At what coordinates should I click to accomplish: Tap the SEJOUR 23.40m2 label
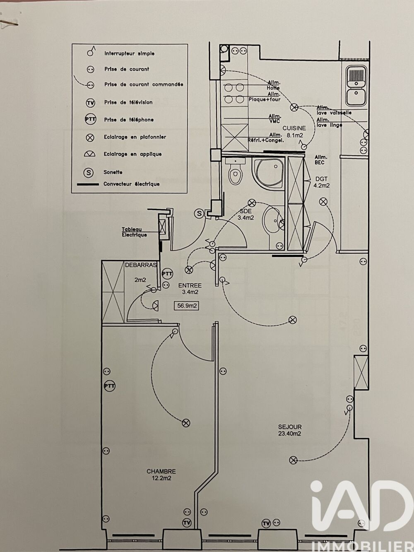(290, 430)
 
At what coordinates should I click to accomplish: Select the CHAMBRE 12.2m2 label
(161, 475)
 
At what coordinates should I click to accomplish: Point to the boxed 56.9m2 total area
(187, 306)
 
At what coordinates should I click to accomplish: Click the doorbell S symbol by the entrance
(200, 213)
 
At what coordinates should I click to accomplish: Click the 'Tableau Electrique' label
(134, 232)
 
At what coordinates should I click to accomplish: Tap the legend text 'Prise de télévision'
(128, 102)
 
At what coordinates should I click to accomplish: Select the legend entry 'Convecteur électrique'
(131, 184)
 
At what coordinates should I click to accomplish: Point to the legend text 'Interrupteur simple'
(129, 53)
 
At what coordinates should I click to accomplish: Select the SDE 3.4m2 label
(246, 214)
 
